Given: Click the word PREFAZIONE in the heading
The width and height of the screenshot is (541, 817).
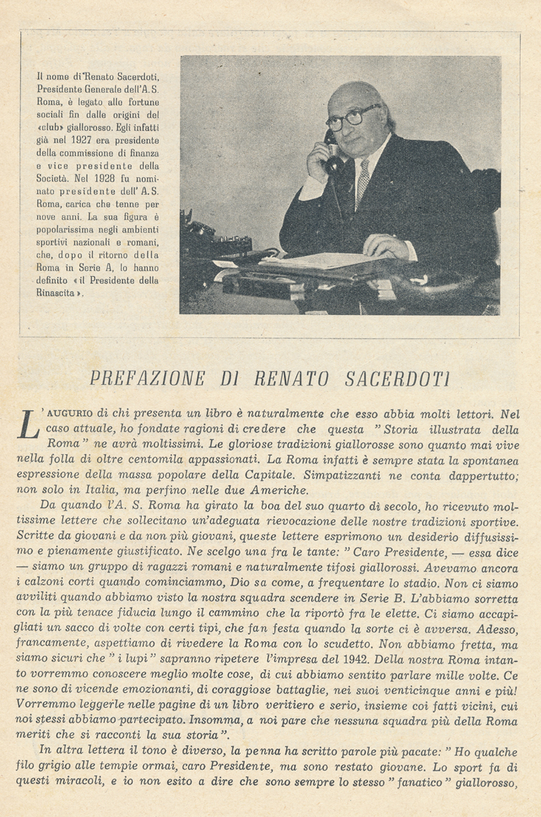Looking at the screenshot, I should coord(147,378).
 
